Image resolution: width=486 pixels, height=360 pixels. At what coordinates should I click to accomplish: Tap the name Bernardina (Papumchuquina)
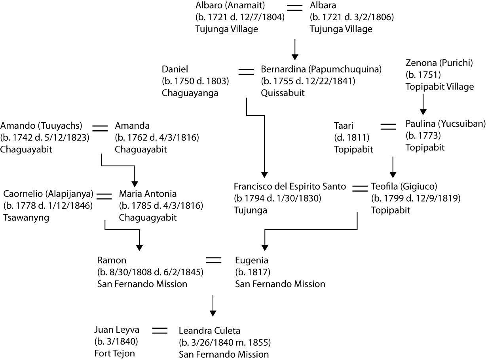tap(321, 69)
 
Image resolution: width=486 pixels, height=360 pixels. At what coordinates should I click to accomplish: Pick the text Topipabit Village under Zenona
tap(439, 86)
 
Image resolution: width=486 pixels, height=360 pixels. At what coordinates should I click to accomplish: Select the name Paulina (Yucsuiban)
tap(445, 124)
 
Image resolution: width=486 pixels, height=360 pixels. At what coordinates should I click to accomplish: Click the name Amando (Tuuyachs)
tap(41, 126)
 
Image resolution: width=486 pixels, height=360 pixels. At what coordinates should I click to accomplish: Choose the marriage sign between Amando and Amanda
tap(100, 127)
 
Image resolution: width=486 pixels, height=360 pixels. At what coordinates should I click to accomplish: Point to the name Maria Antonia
tap(148, 194)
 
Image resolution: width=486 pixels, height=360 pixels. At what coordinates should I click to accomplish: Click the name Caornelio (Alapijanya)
tap(48, 194)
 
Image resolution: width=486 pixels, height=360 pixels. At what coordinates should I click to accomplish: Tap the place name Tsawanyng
tap(26, 218)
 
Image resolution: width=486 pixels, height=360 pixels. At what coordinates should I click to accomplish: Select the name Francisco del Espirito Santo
tap(290, 186)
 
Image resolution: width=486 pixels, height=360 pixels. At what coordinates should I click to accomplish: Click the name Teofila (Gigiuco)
tap(404, 186)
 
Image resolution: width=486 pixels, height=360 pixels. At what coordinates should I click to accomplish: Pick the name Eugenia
tap(252, 260)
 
